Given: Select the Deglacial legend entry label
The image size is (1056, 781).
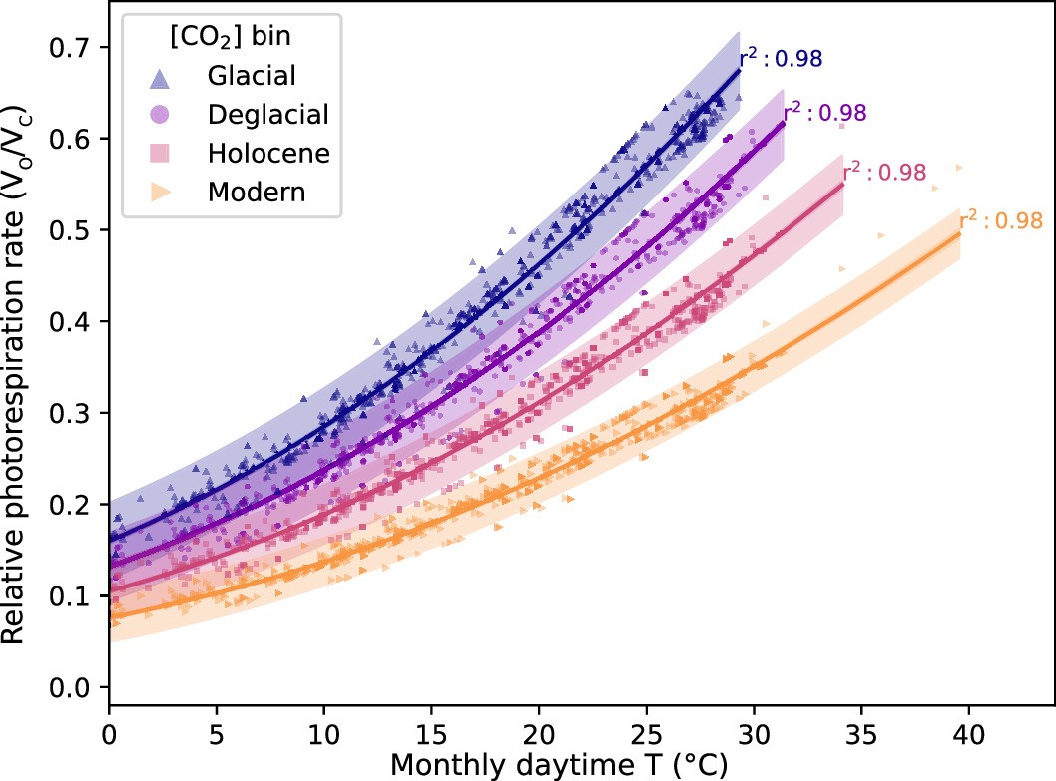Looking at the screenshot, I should click(x=267, y=114).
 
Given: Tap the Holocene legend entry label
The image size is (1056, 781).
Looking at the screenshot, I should click(x=268, y=153).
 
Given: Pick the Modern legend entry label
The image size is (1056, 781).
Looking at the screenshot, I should click(x=257, y=192).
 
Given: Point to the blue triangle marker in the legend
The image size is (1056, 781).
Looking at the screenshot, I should click(x=160, y=74).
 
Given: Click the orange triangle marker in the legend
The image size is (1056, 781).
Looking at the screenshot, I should click(x=160, y=192).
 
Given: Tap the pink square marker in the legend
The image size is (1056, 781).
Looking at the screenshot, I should click(x=160, y=153).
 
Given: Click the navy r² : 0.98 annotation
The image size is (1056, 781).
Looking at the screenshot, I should click(x=781, y=58).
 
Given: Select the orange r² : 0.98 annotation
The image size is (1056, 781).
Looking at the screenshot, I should click(x=1001, y=220).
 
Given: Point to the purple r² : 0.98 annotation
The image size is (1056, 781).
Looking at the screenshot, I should click(x=823, y=112).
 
